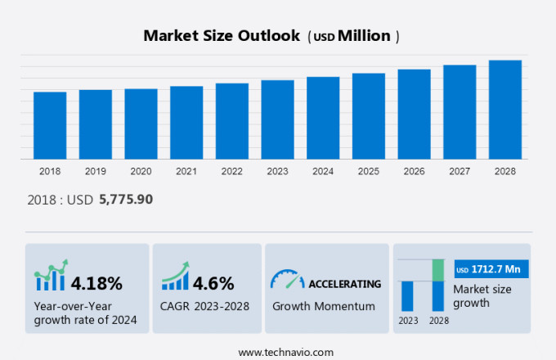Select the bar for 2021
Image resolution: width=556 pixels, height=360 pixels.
pos(186,123)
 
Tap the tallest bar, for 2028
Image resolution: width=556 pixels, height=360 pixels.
pos(505,110)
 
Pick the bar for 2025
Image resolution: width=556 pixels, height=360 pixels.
pos(369,116)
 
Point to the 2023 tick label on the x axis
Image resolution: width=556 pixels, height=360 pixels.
pos(277,171)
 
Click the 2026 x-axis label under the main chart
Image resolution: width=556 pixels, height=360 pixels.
pos(414,171)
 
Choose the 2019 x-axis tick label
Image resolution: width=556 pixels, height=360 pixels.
pos(96,171)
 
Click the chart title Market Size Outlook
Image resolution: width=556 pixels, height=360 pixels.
pos(221,36)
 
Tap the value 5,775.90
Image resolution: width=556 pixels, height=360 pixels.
pos(125,199)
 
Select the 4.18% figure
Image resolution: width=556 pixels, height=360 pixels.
pos(96,284)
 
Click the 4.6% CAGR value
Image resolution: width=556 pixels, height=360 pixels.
pos(214,284)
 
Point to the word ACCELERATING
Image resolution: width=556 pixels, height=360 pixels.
pos(344,284)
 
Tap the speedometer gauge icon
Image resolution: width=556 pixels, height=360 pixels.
pos(286,279)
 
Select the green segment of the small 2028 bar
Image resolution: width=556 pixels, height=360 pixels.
pos(437,270)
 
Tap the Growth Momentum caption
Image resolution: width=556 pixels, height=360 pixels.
pos(324,307)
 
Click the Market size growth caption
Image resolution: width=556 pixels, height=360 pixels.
pos(482,295)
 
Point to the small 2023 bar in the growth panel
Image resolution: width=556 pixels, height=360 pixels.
pos(406,295)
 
